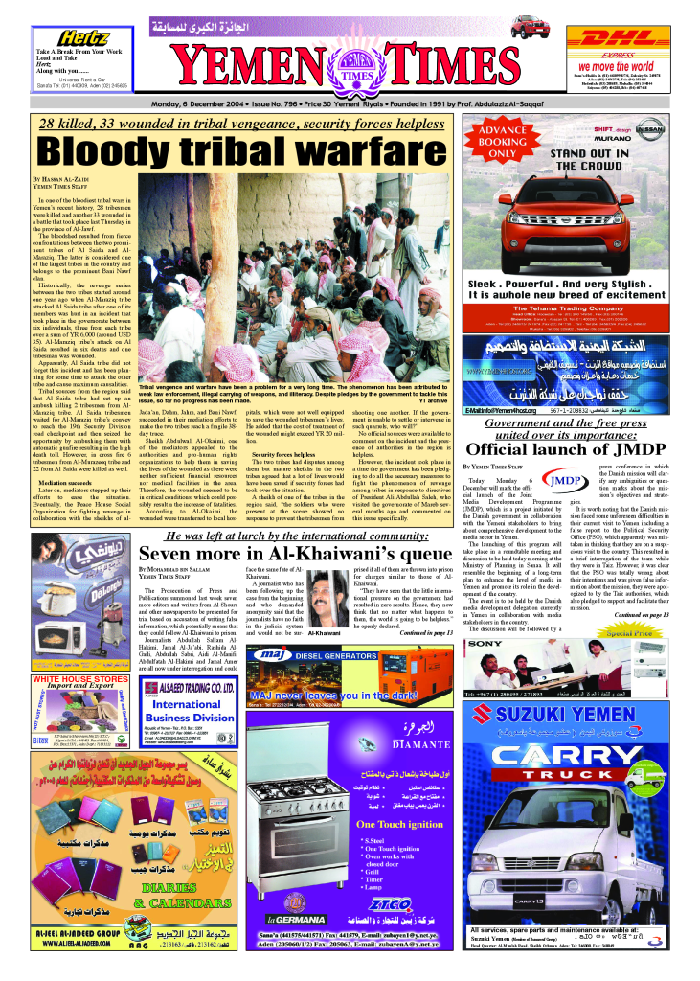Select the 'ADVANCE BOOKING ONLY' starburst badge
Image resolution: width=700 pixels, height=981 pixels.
(502, 142)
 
